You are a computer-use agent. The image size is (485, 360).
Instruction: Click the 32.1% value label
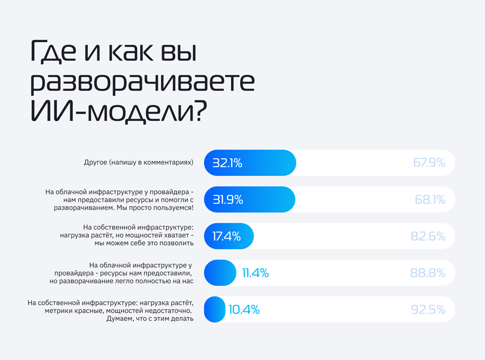point(228,163)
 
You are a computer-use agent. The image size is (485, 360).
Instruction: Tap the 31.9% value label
point(228,200)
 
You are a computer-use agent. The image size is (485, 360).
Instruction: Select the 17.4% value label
point(227,236)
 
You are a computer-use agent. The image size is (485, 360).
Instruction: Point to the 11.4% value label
point(255,273)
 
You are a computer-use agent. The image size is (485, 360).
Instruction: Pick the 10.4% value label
point(244,309)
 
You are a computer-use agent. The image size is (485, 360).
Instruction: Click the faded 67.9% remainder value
point(429,163)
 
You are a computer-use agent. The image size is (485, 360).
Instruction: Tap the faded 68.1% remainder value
point(430,200)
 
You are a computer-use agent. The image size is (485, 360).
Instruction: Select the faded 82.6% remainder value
point(428,236)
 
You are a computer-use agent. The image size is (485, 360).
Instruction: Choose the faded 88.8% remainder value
point(428,273)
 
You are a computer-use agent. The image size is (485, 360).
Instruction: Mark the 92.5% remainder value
point(428,309)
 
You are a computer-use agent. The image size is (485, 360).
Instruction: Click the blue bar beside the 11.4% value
point(220,273)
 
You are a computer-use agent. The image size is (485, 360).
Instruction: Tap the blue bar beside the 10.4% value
point(215,309)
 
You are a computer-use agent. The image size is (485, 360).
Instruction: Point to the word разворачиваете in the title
point(142,83)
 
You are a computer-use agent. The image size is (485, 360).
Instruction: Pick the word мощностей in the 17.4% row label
point(142,236)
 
